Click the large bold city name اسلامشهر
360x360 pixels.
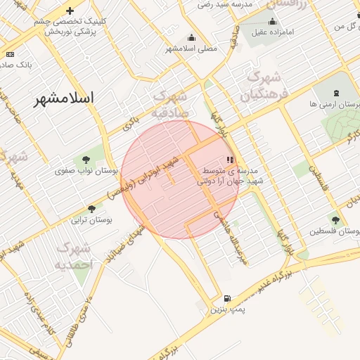coord(64,98)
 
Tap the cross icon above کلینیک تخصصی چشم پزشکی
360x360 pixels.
coord(70,11)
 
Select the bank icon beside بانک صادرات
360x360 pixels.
coord(10,54)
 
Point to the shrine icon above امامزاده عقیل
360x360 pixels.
coord(273,21)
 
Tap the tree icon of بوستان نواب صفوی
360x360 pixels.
coord(86,160)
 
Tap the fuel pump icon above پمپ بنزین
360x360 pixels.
coord(227,298)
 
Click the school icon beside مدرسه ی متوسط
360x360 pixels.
coord(230,160)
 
